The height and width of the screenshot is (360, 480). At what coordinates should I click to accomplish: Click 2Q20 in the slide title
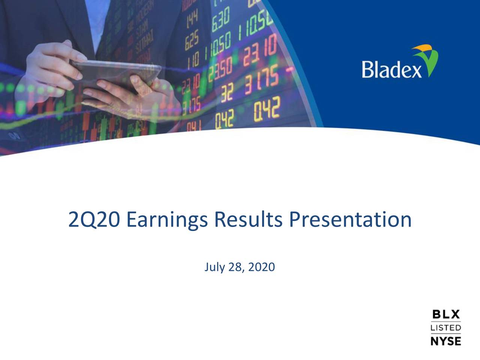(94, 220)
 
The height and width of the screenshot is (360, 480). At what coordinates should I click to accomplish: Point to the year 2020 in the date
(261, 267)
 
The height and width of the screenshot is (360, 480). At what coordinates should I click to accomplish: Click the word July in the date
(214, 267)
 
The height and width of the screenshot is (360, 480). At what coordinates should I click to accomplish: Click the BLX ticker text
(445, 314)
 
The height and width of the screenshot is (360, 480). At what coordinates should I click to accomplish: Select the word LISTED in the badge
(445, 328)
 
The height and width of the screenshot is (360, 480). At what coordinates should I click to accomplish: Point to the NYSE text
(445, 341)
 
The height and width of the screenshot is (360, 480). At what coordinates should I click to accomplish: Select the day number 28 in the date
(235, 267)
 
